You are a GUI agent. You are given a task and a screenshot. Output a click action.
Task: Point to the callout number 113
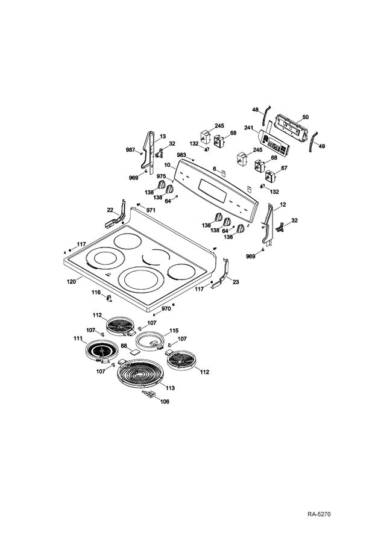[170, 388]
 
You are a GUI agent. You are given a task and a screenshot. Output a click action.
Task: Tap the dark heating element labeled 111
[99, 351]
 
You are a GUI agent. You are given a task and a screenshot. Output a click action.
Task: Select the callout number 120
[71, 281]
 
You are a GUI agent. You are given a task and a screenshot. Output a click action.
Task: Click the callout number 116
[96, 292]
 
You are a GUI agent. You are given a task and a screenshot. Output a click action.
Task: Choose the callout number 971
[151, 209]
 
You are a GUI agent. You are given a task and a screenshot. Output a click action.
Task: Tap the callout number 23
[236, 281]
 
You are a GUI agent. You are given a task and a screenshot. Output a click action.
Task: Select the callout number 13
[163, 137]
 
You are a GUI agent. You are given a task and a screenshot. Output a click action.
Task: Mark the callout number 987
[130, 149]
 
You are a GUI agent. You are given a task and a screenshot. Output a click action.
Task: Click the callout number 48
[255, 110]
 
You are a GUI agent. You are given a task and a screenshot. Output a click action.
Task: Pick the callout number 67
[284, 168]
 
